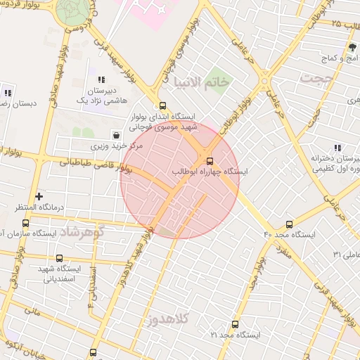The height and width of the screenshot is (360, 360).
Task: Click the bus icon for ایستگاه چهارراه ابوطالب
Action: coord(210,160)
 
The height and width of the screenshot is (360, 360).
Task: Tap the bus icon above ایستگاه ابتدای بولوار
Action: coord(163,106)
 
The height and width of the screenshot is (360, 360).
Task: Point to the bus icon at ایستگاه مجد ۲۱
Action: coord(234,325)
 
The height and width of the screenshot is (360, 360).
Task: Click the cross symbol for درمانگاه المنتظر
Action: coord(39,196)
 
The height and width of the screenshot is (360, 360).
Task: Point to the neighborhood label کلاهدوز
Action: coord(169,320)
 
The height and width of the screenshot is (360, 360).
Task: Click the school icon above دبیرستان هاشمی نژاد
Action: coord(102,80)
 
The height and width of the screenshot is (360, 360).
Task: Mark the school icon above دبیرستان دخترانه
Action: coord(338,148)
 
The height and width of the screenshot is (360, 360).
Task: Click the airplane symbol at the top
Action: coord(164,11)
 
